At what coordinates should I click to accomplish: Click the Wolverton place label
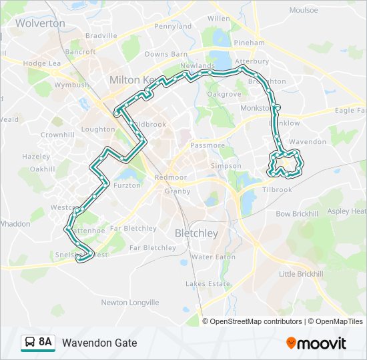(x=40, y=23)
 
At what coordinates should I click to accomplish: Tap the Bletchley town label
(x=196, y=233)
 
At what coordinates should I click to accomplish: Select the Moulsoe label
(x=304, y=11)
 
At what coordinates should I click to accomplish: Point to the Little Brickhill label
(x=301, y=274)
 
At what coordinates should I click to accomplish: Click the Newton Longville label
(x=130, y=302)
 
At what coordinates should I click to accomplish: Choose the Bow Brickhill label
(x=297, y=214)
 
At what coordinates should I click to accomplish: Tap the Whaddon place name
(x=15, y=224)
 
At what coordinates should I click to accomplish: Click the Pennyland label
(x=173, y=26)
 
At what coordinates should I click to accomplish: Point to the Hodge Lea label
(x=42, y=63)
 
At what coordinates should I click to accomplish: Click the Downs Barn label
(x=165, y=54)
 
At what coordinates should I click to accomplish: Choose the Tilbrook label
(x=278, y=190)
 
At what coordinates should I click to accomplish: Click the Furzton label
(x=127, y=185)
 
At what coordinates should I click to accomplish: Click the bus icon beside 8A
(x=29, y=343)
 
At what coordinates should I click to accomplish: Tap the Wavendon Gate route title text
(x=99, y=343)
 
